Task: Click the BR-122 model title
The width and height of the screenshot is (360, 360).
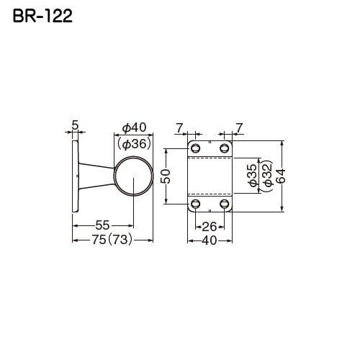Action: click(x=42, y=16)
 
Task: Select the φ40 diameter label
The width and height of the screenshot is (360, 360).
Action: click(x=135, y=127)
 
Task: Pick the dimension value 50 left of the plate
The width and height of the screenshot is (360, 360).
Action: click(x=164, y=177)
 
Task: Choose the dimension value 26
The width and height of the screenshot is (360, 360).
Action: click(x=210, y=227)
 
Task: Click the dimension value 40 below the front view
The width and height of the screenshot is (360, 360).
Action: click(x=210, y=241)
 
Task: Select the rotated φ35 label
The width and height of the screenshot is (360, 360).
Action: click(x=251, y=176)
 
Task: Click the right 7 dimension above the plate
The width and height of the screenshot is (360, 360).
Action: click(x=239, y=127)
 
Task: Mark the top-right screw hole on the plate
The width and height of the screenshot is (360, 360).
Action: click(x=225, y=148)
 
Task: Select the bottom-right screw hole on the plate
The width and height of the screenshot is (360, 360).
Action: click(x=225, y=204)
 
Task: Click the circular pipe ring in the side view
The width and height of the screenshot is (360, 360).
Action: click(x=135, y=176)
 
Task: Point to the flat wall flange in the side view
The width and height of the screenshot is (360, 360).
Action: click(x=75, y=176)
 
